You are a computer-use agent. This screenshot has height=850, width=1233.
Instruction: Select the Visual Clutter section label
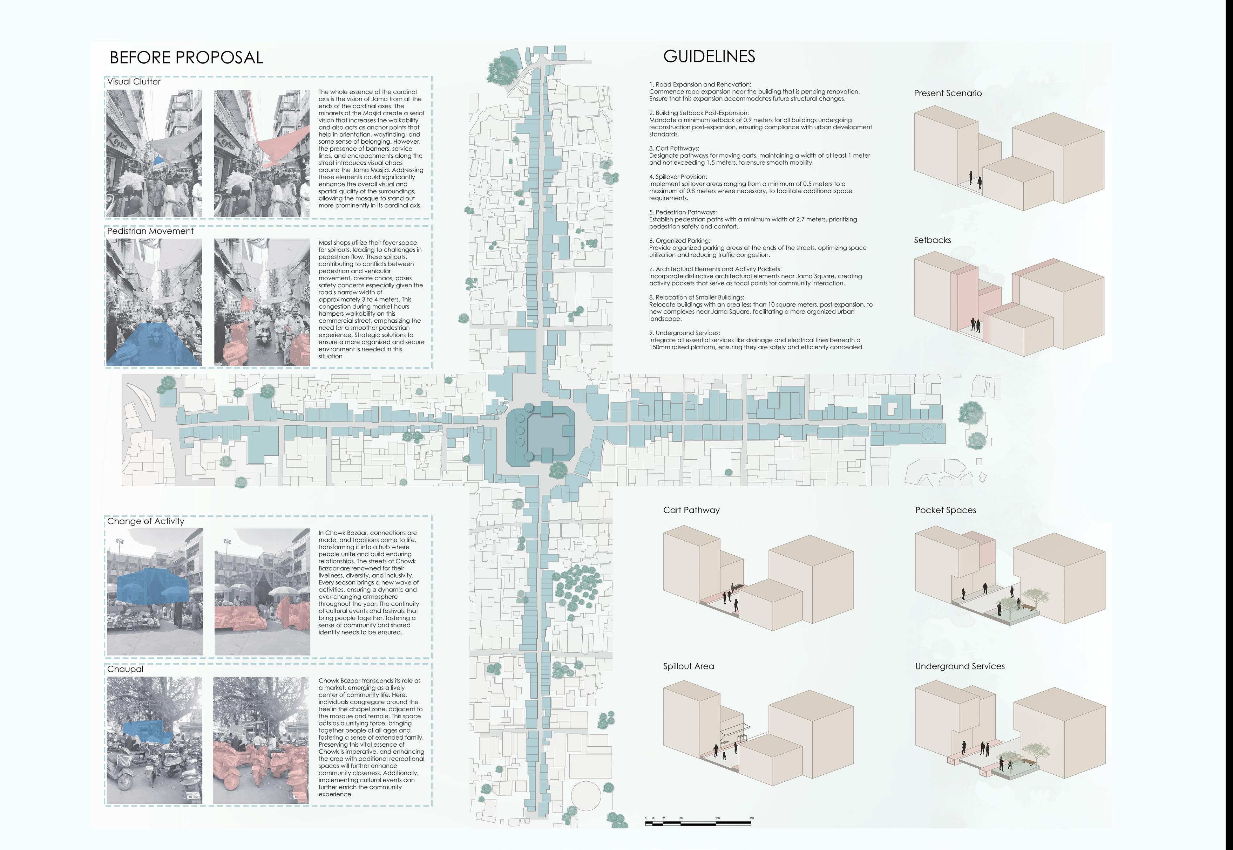[134, 82]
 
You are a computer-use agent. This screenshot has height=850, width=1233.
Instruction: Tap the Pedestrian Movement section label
[150, 231]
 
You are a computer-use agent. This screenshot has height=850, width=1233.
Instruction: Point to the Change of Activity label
[145, 521]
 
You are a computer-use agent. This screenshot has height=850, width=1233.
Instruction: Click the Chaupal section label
[125, 669]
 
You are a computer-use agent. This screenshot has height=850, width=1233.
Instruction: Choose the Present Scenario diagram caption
[947, 93]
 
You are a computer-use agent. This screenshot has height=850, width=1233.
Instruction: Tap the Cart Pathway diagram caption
[691, 510]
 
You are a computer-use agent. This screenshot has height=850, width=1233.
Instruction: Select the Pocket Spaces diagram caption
[945, 510]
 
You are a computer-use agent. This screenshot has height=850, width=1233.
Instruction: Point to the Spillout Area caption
[689, 666]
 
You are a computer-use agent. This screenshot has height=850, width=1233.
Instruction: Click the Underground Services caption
[960, 666]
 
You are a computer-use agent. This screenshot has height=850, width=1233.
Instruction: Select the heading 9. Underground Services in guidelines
[685, 333]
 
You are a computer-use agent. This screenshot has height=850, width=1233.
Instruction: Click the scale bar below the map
[698, 823]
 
